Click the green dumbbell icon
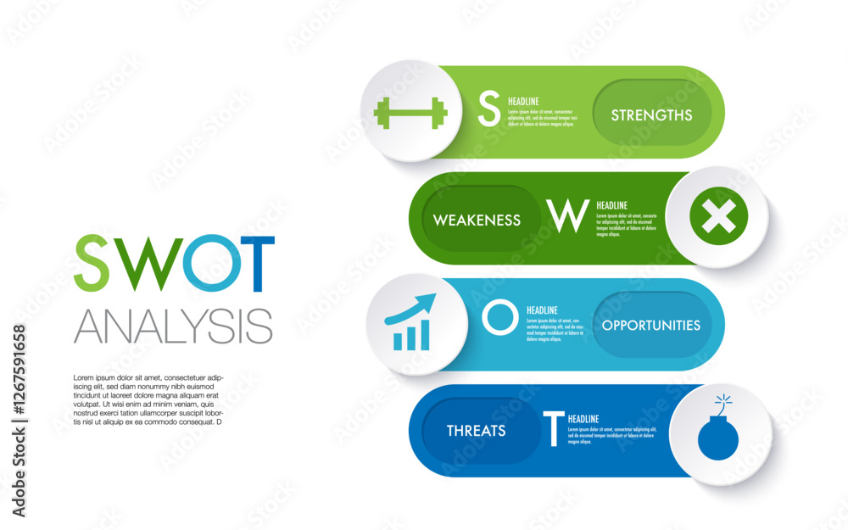point(410,113)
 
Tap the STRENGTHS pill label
point(651,115)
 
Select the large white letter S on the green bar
point(489,109)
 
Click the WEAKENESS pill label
point(477,220)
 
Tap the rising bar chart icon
point(411,323)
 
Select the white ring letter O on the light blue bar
point(499,317)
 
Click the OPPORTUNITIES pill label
point(651,326)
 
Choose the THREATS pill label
point(476,431)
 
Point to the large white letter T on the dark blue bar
point(553,428)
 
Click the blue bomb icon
point(718,436)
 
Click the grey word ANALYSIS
point(173,325)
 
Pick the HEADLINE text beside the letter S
point(523,102)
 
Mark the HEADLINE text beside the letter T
point(583,419)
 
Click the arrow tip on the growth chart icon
point(431,298)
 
